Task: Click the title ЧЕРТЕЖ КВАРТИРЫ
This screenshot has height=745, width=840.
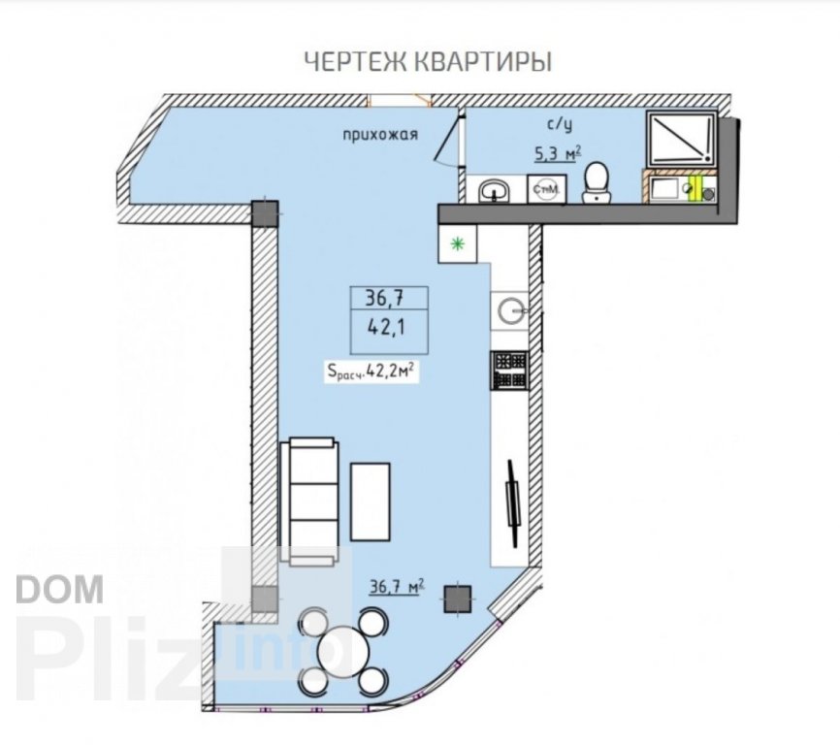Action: (428, 61)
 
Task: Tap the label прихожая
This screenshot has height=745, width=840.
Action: (380, 135)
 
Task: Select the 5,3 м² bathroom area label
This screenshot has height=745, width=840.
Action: (558, 155)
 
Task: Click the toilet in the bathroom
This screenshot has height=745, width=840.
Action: (596, 183)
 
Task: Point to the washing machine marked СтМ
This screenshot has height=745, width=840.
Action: (546, 189)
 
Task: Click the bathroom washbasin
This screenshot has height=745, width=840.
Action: (495, 191)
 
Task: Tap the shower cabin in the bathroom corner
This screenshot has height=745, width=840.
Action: (682, 139)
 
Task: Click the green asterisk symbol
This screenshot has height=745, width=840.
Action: (457, 244)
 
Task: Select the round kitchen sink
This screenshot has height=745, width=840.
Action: (511, 309)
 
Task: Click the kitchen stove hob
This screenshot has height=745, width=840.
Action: (509, 370)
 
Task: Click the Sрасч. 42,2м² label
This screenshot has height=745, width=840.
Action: (372, 371)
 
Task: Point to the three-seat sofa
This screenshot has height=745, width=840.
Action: (310, 502)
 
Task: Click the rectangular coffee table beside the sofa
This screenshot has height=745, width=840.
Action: (371, 502)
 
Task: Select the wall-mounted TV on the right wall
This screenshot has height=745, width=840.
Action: (513, 504)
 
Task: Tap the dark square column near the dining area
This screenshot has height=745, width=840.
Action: (458, 599)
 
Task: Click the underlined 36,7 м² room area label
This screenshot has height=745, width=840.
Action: (397, 588)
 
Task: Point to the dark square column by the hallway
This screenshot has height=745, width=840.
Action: (265, 213)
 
